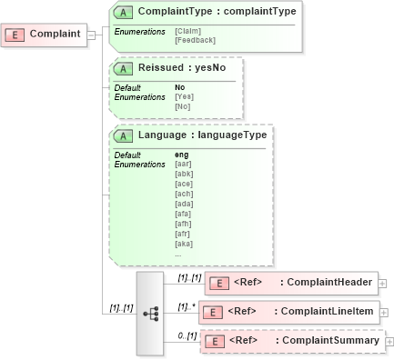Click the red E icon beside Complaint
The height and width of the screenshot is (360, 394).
[15, 35]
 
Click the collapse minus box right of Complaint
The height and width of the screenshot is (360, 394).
[91, 35]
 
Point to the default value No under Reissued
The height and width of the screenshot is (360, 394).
[179, 87]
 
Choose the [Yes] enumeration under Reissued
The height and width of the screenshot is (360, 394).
[183, 96]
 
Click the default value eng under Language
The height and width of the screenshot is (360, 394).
[181, 155]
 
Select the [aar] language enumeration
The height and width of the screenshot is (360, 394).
[183, 164]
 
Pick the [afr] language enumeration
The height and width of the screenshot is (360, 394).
[183, 235]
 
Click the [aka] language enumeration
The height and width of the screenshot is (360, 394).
[183, 245]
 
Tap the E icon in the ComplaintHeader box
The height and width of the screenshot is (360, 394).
[218, 283]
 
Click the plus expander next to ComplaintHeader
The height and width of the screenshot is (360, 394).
[382, 284]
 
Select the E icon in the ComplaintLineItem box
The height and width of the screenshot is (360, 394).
[212, 313]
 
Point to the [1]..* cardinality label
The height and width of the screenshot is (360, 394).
[187, 305]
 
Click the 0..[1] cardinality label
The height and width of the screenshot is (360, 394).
[187, 335]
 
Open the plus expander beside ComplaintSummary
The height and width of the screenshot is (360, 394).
[389, 342]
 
